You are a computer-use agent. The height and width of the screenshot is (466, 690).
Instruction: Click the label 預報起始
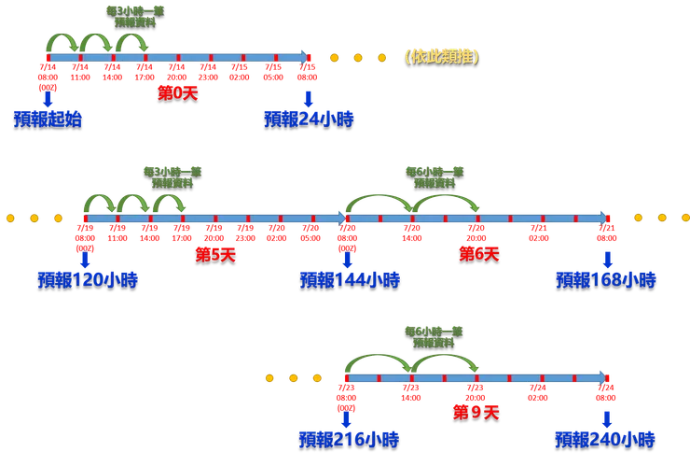48,119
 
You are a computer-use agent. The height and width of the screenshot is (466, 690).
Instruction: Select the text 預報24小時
309,119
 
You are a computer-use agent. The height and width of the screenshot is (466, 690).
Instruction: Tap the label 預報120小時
88,278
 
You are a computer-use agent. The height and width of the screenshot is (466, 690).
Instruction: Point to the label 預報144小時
350,278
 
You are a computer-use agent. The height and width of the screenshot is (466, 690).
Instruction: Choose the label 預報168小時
606,278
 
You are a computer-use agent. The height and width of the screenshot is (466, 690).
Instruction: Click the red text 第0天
177,92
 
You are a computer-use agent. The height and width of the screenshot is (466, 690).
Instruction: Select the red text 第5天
215,253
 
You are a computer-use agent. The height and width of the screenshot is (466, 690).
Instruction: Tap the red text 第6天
478,253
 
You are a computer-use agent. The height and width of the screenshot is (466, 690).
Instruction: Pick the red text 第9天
476,412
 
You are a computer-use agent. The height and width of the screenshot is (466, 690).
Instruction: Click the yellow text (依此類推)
442,55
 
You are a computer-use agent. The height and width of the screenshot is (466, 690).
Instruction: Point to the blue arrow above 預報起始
48,98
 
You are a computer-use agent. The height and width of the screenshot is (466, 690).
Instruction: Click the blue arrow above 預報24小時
308,98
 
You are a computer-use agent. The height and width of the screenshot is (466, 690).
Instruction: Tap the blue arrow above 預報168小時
608,258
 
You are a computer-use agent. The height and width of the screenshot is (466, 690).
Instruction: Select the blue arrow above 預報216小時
346,417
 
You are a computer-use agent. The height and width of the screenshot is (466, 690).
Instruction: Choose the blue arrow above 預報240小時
607,417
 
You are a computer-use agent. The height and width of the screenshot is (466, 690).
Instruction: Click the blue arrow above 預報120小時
84,258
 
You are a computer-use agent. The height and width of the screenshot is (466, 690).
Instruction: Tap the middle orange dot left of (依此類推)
358,57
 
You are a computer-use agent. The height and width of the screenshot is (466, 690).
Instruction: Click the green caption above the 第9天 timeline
433,336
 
